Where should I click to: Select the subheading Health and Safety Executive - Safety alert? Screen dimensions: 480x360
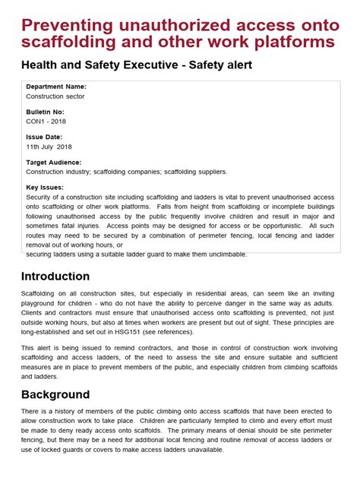137,65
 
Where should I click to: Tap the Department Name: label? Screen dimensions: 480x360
56,87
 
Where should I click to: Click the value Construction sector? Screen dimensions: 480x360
55,96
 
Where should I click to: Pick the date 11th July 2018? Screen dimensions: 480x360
49,147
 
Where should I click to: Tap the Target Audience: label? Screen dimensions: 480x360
54,162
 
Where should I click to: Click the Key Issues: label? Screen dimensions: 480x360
45,187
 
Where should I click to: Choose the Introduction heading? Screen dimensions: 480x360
55,276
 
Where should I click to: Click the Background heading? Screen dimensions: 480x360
55,394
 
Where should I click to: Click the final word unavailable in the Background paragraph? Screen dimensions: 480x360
201,450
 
